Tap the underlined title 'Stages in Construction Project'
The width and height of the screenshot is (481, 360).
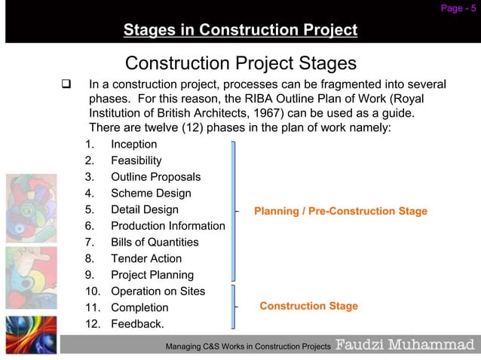click(240, 31)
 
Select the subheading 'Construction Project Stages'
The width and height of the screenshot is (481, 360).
click(240, 62)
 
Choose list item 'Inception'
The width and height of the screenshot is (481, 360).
click(134, 144)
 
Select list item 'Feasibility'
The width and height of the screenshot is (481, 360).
click(136, 160)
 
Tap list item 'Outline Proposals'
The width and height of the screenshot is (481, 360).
click(155, 177)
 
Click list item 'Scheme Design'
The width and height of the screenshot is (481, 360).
click(151, 194)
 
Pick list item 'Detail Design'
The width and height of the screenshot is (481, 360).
click(145, 209)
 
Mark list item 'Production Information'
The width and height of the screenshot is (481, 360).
click(167, 226)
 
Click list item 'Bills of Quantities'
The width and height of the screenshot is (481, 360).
click(155, 243)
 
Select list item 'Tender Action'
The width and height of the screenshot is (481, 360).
click(146, 259)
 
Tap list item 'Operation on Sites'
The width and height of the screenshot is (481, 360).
click(158, 291)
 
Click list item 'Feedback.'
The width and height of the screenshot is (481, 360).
click(137, 325)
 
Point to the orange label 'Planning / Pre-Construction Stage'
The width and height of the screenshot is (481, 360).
click(341, 211)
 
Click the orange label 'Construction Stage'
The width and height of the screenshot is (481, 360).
click(308, 307)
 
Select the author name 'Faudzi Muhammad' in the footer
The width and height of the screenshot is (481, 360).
click(405, 345)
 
